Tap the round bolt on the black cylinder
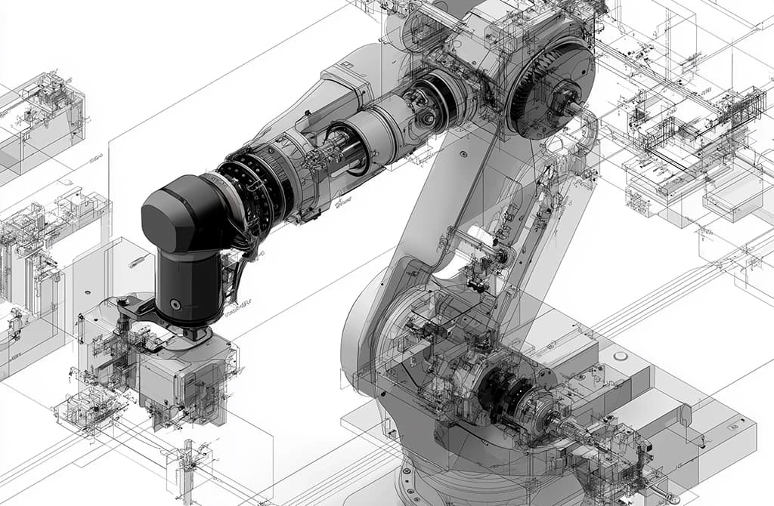pos(175,304)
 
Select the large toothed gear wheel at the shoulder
pos(550,89)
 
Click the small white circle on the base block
pos(620,355)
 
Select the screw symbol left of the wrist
pos(138,261)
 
